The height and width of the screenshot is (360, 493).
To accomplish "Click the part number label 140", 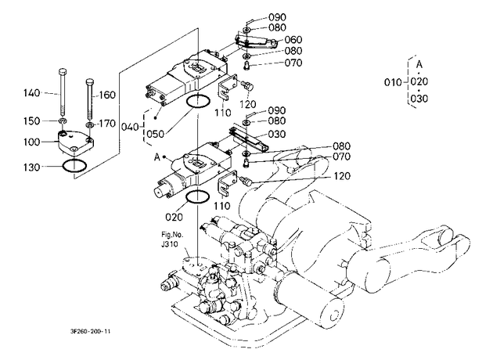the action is (32, 93).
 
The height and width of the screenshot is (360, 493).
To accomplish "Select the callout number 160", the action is (107, 95).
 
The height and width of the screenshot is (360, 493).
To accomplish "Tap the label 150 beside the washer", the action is (32, 121).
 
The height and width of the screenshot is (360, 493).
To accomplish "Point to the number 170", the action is (107, 124).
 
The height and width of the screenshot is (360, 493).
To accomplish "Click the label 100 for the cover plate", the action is (32, 142).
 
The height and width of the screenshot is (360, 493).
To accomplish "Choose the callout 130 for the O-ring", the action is (32, 167).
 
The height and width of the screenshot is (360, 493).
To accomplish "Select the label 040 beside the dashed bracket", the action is (130, 128).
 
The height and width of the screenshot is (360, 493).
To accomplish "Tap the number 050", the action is (156, 135).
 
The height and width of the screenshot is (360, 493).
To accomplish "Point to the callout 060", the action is (293, 40).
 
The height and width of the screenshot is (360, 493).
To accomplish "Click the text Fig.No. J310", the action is (172, 239).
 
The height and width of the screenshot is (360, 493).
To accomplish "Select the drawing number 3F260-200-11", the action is (91, 331).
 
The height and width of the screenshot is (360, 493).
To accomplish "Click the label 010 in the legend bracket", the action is (393, 83).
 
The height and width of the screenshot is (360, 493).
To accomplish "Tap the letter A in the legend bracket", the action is (419, 64).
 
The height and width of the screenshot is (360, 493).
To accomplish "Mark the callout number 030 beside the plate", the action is (277, 135).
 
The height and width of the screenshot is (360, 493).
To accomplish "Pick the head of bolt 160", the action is (90, 81).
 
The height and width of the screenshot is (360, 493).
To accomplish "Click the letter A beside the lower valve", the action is (157, 157).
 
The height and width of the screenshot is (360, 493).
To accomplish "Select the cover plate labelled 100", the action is (75, 143).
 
